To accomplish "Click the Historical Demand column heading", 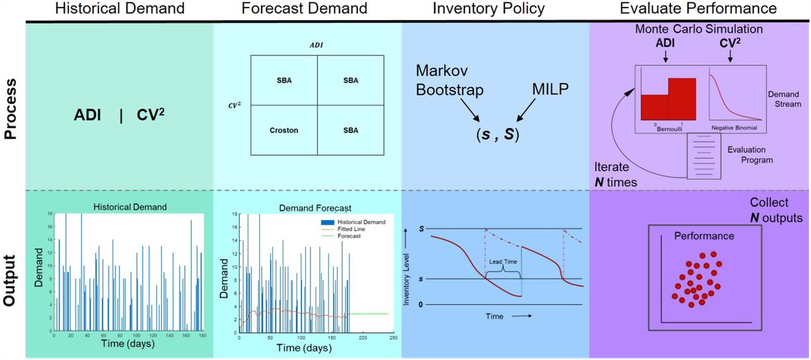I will click(x=120, y=8).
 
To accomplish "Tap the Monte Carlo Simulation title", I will click(x=698, y=29).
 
